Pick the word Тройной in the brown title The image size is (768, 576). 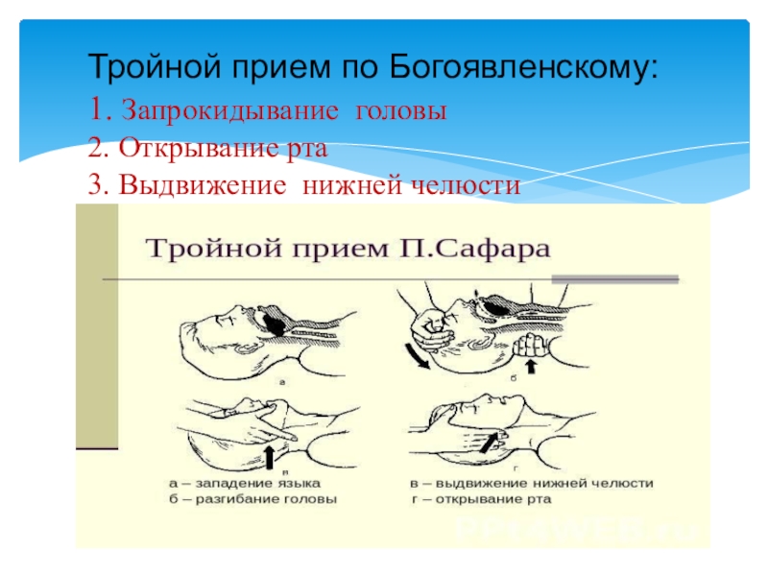(x=204, y=251)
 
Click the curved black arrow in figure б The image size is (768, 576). (x=420, y=355)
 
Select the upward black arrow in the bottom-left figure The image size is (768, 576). (x=271, y=452)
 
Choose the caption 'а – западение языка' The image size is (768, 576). (x=236, y=485)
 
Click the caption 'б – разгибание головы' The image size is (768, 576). (x=246, y=500)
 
